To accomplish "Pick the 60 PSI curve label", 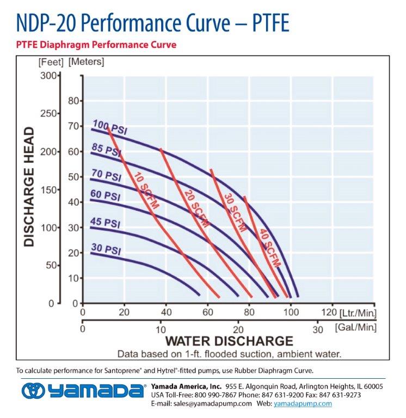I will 104,194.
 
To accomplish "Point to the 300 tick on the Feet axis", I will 48,75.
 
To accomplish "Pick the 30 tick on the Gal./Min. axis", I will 318,329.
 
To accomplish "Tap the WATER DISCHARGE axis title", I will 229,341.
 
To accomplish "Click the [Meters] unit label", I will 86,62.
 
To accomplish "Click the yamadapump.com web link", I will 303,403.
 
